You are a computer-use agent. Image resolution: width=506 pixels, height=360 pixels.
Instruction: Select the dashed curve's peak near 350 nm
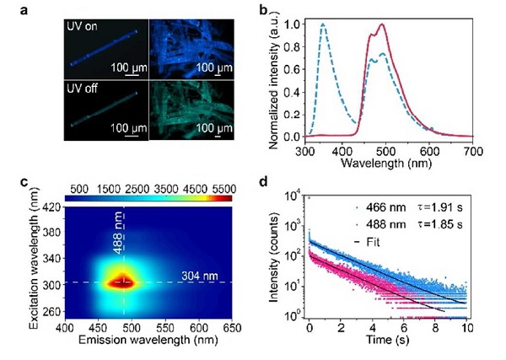click(x=322, y=25)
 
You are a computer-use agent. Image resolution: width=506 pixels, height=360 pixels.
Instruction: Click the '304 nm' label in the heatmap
click(x=198, y=275)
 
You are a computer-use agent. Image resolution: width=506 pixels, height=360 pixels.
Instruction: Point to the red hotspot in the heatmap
click(x=124, y=282)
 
